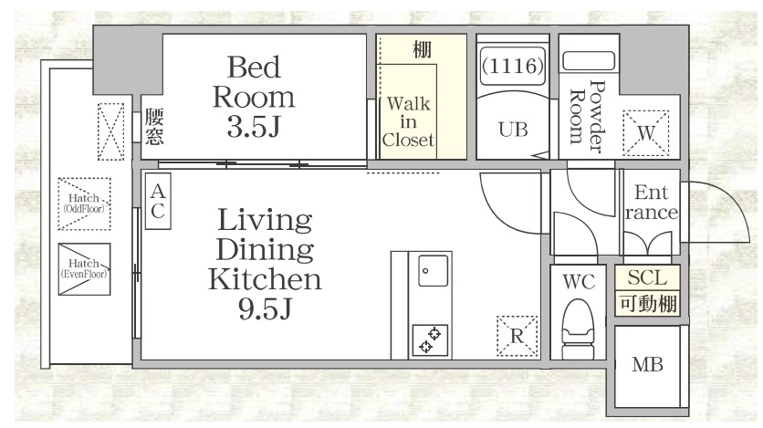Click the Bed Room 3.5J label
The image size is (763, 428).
click(x=254, y=97)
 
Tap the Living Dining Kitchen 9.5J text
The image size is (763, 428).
click(x=266, y=263)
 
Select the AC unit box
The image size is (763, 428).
click(x=158, y=201)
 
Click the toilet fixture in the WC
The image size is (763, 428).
click(x=578, y=322)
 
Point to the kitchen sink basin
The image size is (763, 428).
click(x=434, y=271)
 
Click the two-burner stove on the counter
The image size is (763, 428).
click(x=430, y=340)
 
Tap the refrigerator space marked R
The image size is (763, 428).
click(x=517, y=336)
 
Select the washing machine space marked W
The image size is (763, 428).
click(x=646, y=132)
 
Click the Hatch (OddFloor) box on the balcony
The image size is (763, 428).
click(x=84, y=204)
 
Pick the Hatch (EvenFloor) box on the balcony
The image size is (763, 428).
click(x=84, y=269)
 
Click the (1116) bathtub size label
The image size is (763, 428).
click(x=512, y=66)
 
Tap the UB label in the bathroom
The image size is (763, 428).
click(x=513, y=130)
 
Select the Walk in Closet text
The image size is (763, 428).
click(x=408, y=121)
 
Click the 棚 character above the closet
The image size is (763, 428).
click(x=422, y=49)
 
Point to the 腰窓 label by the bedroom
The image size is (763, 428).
click(x=153, y=127)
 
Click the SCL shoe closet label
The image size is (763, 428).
click(x=647, y=277)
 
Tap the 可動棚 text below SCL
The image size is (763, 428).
click(x=648, y=304)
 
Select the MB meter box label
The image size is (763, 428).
click(x=647, y=364)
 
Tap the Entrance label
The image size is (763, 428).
click(x=651, y=202)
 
